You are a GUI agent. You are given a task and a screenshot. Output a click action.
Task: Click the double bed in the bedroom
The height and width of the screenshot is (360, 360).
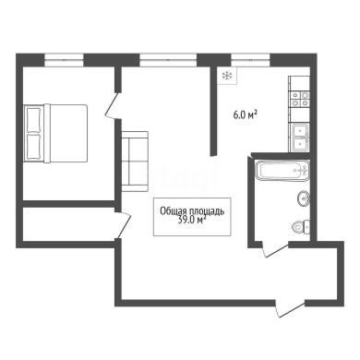[55, 133]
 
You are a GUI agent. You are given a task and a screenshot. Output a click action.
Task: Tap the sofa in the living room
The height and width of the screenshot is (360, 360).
[135, 162]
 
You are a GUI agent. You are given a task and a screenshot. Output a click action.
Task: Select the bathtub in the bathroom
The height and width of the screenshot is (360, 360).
[282, 170]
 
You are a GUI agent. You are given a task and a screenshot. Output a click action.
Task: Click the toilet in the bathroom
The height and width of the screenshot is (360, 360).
[301, 228]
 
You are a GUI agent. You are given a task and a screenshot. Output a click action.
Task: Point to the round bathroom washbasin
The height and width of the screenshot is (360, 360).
[304, 198]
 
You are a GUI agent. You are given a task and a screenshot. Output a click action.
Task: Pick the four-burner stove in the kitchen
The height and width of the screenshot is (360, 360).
[300, 99]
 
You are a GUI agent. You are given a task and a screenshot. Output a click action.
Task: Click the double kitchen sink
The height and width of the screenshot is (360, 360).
[300, 138]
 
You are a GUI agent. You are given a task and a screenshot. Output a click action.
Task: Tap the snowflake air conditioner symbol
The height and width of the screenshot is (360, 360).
[227, 75]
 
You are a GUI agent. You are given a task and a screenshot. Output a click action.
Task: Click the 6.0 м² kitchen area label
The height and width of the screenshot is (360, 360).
[245, 115]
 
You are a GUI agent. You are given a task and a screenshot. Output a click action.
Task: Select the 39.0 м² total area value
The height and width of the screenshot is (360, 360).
[192, 220]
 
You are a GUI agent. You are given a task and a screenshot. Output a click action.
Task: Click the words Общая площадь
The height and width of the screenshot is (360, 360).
[192, 211]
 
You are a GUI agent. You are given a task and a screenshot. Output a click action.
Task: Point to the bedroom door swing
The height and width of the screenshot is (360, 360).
[113, 104]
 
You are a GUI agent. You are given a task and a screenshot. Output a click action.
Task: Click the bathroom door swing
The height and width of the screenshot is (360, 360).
[275, 249]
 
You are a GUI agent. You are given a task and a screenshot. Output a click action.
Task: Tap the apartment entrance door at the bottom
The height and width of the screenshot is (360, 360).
[290, 307]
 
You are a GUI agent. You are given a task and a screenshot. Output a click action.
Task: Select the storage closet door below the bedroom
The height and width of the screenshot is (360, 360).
[123, 225]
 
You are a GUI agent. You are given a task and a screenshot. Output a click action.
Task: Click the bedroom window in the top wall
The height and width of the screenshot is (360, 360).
[64, 60]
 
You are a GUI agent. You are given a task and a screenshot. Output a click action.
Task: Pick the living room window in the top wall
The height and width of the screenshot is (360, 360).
[168, 60]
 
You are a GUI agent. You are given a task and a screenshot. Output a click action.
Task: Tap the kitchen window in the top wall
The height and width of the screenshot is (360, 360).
[250, 60]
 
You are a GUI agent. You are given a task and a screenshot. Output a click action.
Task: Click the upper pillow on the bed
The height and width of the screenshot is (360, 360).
[33, 120]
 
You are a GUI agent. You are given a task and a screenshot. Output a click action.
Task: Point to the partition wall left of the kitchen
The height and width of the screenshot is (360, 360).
[213, 112]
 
